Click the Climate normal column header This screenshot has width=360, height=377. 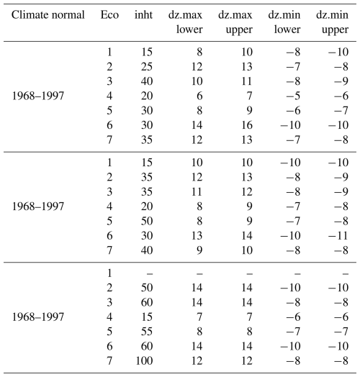pyautogui.click(x=48, y=15)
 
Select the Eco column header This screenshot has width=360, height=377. pyautogui.click(x=109, y=15)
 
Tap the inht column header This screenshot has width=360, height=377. pyautogui.click(x=143, y=15)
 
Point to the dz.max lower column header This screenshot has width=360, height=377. pyautogui.click(x=185, y=22)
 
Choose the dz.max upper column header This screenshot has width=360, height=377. pyautogui.click(x=235, y=22)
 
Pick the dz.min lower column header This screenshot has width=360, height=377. pyautogui.click(x=284, y=22)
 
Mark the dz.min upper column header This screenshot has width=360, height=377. pyautogui.click(x=332, y=22)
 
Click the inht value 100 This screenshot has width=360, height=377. pyautogui.click(x=145, y=360)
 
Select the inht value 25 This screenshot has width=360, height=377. pyautogui.click(x=147, y=67)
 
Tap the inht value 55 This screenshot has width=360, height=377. pyautogui.click(x=147, y=332)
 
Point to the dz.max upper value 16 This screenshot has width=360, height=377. pyautogui.click(x=247, y=125)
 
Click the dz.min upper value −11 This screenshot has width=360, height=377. pyautogui.click(x=338, y=235)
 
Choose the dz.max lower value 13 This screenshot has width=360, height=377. pyautogui.click(x=197, y=235)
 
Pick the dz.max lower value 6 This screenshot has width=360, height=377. pyautogui.click(x=199, y=96)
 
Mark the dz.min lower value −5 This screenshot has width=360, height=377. pyautogui.click(x=293, y=96)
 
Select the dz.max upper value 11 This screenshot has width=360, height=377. pyautogui.click(x=247, y=81)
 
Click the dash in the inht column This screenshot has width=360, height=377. pyautogui.click(x=150, y=273)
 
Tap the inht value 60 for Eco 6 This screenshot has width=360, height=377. pyautogui.click(x=147, y=346)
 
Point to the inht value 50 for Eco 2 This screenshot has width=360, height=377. pyautogui.click(x=147, y=287)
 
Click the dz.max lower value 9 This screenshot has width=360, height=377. pyautogui.click(x=199, y=250)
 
